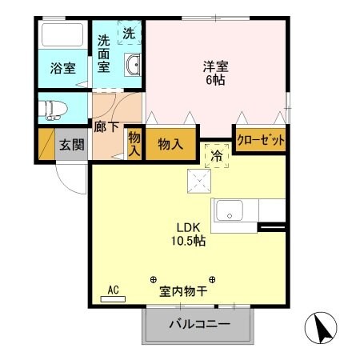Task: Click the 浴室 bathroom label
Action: click(64, 68)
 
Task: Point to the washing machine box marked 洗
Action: click(129, 33)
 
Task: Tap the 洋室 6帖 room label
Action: click(215, 73)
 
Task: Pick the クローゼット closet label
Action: click(262, 138)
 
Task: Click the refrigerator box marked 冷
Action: click(216, 156)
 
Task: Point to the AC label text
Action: click(112, 290)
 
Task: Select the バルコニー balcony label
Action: click(199, 325)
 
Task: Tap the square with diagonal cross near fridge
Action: click(197, 182)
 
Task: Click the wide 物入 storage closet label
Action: click(170, 145)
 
